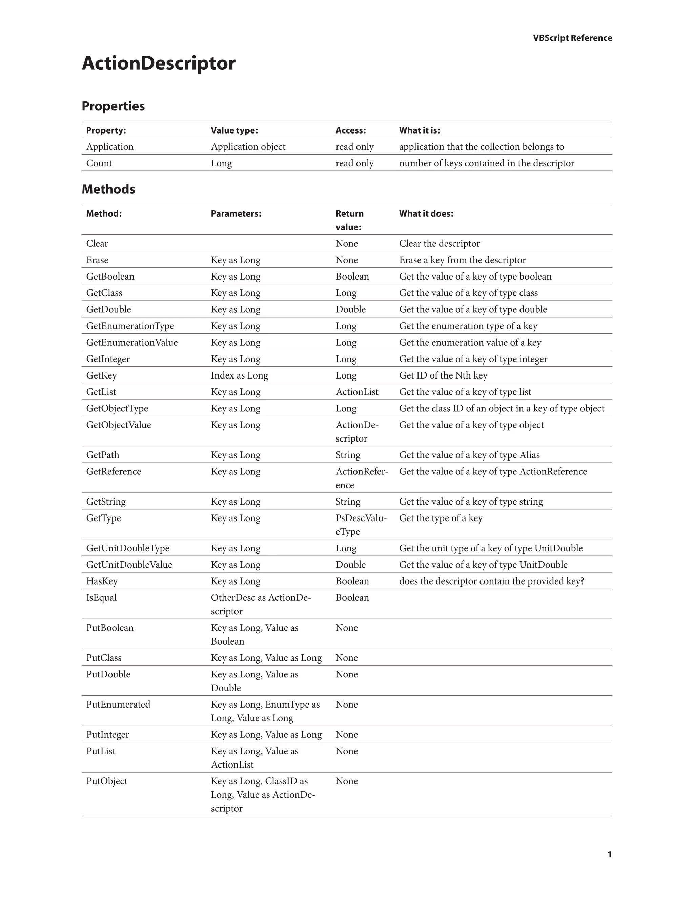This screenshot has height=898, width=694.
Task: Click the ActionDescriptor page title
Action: click(158, 63)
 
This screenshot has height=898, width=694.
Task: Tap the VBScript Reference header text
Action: click(572, 38)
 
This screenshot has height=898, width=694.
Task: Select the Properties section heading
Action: click(113, 106)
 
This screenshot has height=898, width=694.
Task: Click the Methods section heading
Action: click(108, 189)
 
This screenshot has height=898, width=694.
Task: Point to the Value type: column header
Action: click(234, 130)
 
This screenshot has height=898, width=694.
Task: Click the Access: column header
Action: click(350, 130)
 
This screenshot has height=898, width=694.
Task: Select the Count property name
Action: click(99, 163)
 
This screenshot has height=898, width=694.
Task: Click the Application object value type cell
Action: click(248, 147)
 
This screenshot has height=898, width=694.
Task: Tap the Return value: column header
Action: click(349, 220)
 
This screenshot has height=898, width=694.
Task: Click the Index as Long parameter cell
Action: click(239, 375)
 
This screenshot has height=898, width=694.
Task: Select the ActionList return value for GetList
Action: click(356, 392)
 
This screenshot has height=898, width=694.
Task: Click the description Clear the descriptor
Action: click(439, 243)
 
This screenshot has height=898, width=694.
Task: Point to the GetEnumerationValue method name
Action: click(131, 343)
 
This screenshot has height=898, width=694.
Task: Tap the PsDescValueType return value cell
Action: click(361, 525)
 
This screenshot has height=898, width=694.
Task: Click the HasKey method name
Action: click(102, 581)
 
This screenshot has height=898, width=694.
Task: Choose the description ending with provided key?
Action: click(491, 581)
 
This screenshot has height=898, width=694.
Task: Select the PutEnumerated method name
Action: click(118, 705)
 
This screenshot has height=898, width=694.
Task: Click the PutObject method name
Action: click(106, 781)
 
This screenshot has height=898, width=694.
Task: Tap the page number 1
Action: click(609, 854)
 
